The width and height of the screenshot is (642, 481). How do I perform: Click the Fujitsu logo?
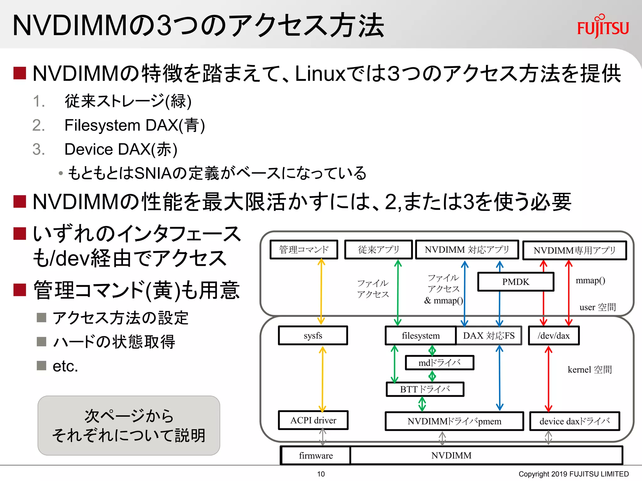(603, 27)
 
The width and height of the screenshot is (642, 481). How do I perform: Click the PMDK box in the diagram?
(516, 282)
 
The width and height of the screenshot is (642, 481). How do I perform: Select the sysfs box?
(313, 335)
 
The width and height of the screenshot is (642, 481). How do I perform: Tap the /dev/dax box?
(554, 335)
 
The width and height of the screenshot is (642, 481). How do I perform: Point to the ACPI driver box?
(313, 420)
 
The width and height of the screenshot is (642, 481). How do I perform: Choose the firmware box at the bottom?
(316, 455)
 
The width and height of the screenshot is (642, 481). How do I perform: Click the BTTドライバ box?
(425, 389)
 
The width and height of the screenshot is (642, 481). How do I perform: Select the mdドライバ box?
(439, 363)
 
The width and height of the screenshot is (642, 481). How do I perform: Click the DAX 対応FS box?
(489, 335)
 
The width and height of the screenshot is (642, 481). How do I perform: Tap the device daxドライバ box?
(575, 421)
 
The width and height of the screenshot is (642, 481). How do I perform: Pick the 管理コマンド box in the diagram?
(304, 250)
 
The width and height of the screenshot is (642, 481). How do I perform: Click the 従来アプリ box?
(378, 250)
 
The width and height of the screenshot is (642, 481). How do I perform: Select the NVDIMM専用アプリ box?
(574, 250)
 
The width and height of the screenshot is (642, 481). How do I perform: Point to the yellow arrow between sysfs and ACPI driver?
(322, 379)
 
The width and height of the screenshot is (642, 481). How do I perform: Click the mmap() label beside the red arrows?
(590, 281)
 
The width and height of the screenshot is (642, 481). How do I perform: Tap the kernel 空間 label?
(590, 370)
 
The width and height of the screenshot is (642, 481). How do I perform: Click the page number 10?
(321, 474)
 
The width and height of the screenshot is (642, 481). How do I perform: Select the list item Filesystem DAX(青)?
(134, 125)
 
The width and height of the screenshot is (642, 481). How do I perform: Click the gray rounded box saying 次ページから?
(129, 425)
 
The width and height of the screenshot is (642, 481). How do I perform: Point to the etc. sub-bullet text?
(65, 366)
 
